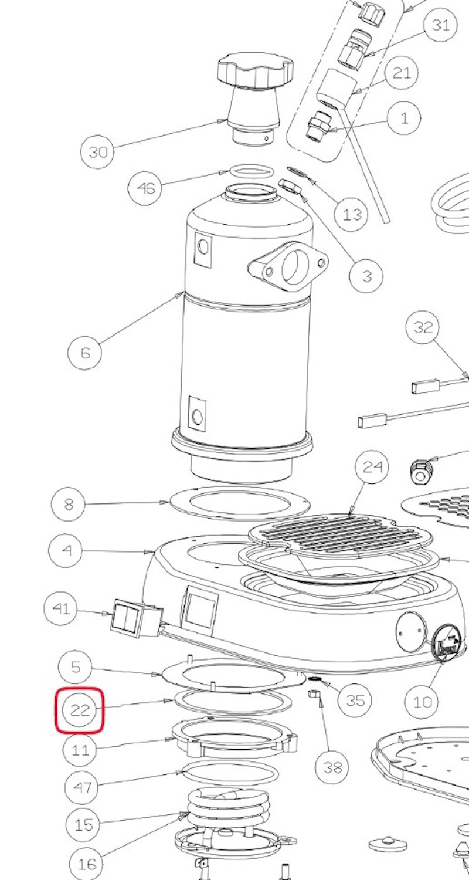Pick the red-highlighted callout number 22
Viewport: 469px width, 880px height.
tap(80, 710)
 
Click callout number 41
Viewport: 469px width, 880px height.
tap(61, 608)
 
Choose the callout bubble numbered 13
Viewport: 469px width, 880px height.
tap(352, 215)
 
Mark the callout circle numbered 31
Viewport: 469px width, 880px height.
tap(440, 25)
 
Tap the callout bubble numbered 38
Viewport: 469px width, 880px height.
tap(332, 766)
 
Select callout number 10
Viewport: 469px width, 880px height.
tap(423, 701)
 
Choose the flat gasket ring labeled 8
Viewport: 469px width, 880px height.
tap(239, 503)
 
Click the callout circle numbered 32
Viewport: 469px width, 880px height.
tap(423, 327)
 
